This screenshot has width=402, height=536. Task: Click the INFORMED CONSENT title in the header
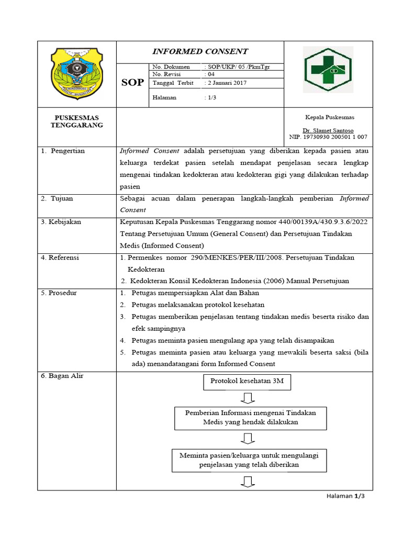tap(200, 51)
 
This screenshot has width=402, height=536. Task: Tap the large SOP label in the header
tap(132, 83)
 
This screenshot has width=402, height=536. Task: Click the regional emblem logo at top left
tap(76, 73)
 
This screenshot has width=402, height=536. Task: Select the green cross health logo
tap(329, 66)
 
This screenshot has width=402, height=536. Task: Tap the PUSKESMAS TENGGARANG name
tap(76, 121)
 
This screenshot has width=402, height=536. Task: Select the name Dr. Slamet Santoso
tap(328, 130)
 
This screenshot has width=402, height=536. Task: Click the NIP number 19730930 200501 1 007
tap(328, 137)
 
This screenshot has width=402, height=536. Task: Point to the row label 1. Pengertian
tap(63, 151)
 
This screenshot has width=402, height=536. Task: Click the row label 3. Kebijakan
tap(61, 222)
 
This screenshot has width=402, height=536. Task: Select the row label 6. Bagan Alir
tap(62, 376)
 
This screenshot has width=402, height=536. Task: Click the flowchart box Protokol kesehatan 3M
tap(247, 382)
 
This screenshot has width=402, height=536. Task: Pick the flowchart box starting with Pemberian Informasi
tap(250, 417)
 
